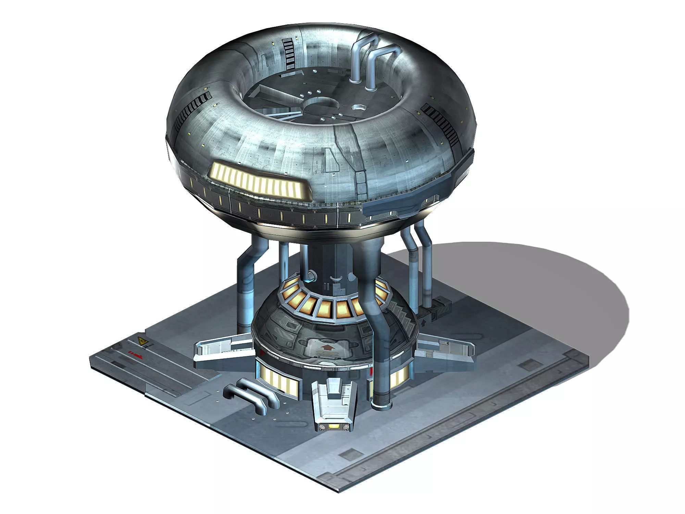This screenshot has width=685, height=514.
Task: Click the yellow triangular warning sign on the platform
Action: click(141, 341)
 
